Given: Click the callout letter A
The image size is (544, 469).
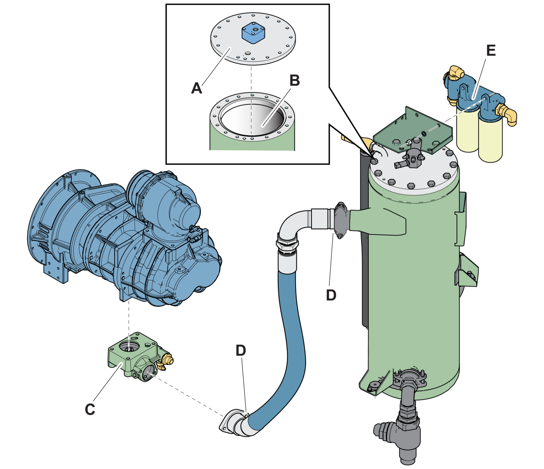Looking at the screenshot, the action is pyautogui.click(x=197, y=88).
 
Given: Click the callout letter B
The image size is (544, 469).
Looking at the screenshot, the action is pyautogui.click(x=295, y=80).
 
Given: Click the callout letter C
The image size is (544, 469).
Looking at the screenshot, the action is pyautogui.click(x=90, y=409).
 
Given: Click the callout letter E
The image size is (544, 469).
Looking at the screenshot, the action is pyautogui.click(x=491, y=51).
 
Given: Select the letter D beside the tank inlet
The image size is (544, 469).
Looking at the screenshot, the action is pyautogui.click(x=331, y=295).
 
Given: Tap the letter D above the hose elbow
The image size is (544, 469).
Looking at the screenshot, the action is pyautogui.click(x=241, y=350).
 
